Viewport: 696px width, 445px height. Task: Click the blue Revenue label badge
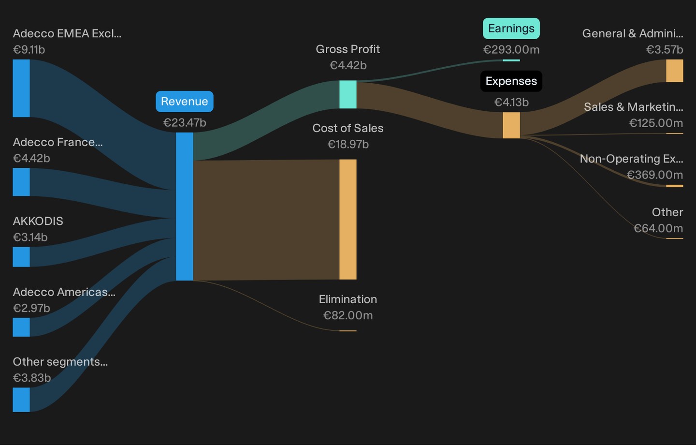pyautogui.click(x=185, y=102)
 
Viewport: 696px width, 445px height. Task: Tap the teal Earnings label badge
pyautogui.click(x=511, y=29)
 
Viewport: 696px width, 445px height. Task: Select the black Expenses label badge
pyautogui.click(x=511, y=81)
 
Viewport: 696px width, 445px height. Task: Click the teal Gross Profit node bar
pyautogui.click(x=348, y=94)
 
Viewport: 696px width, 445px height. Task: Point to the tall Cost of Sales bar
pyautogui.click(x=348, y=220)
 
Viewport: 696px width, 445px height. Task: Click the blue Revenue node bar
pyautogui.click(x=185, y=207)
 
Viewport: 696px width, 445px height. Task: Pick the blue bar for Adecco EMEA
pyautogui.click(x=21, y=89)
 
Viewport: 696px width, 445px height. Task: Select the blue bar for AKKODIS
pyautogui.click(x=21, y=257)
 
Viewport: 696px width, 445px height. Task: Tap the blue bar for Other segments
pyautogui.click(x=21, y=400)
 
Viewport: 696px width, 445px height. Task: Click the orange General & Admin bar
pyautogui.click(x=675, y=71)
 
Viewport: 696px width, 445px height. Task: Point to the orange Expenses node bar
pyautogui.click(x=511, y=125)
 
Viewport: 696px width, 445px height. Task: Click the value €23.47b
pyautogui.click(x=185, y=122)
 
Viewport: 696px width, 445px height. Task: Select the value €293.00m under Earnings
pyautogui.click(x=511, y=49)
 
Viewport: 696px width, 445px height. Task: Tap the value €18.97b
pyautogui.click(x=348, y=144)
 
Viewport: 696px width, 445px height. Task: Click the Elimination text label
pyautogui.click(x=348, y=299)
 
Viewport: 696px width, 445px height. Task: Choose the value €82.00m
pyautogui.click(x=348, y=315)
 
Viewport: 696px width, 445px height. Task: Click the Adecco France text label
pyautogui.click(x=58, y=142)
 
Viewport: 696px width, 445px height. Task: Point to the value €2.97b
pyautogui.click(x=31, y=308)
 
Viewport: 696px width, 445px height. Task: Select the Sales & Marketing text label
pyautogui.click(x=633, y=107)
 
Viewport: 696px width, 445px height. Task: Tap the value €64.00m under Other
pyautogui.click(x=658, y=228)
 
